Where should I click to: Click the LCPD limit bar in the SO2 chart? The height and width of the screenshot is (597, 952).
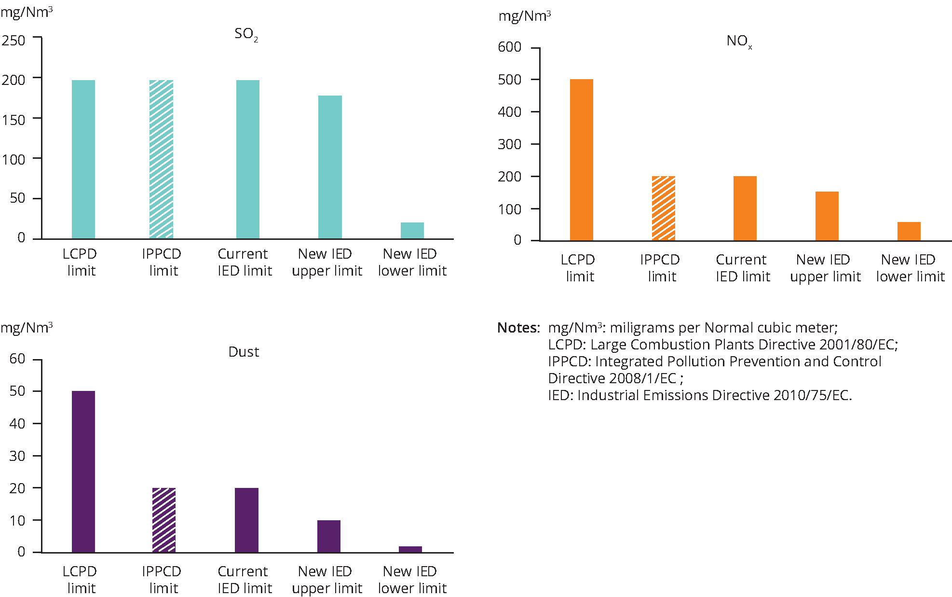pyautogui.click(x=83, y=159)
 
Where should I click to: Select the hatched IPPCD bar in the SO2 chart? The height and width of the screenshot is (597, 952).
pyautogui.click(x=161, y=159)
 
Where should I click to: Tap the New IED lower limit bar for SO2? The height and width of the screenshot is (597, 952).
pyautogui.click(x=412, y=231)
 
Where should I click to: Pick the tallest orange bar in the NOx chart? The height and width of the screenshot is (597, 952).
pyautogui.click(x=582, y=160)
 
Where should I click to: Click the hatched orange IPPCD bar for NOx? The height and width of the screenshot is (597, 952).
pyautogui.click(x=664, y=208)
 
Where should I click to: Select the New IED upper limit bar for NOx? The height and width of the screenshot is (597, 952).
pyautogui.click(x=827, y=216)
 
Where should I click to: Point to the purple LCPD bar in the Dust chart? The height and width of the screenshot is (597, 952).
pyautogui.click(x=83, y=472)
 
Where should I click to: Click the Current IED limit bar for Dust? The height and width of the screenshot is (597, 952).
pyautogui.click(x=246, y=520)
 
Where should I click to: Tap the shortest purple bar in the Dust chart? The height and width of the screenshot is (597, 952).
pyautogui.click(x=410, y=549)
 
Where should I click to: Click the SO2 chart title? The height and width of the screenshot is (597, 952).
pyautogui.click(x=246, y=34)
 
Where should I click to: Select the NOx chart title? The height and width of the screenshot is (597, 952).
pyautogui.click(x=739, y=41)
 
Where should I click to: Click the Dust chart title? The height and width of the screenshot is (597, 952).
pyautogui.click(x=244, y=352)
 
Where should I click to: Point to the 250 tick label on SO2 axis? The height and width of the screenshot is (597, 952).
pyautogui.click(x=14, y=41)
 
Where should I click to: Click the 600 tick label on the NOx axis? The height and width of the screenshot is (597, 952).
pyautogui.click(x=509, y=47)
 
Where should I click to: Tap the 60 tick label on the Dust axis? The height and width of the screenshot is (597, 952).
pyautogui.click(x=17, y=359)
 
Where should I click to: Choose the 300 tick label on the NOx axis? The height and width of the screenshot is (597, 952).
pyautogui.click(x=509, y=144)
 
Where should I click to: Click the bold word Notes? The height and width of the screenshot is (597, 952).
pyautogui.click(x=518, y=328)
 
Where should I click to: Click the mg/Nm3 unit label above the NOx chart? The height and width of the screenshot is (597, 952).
pyautogui.click(x=525, y=16)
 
